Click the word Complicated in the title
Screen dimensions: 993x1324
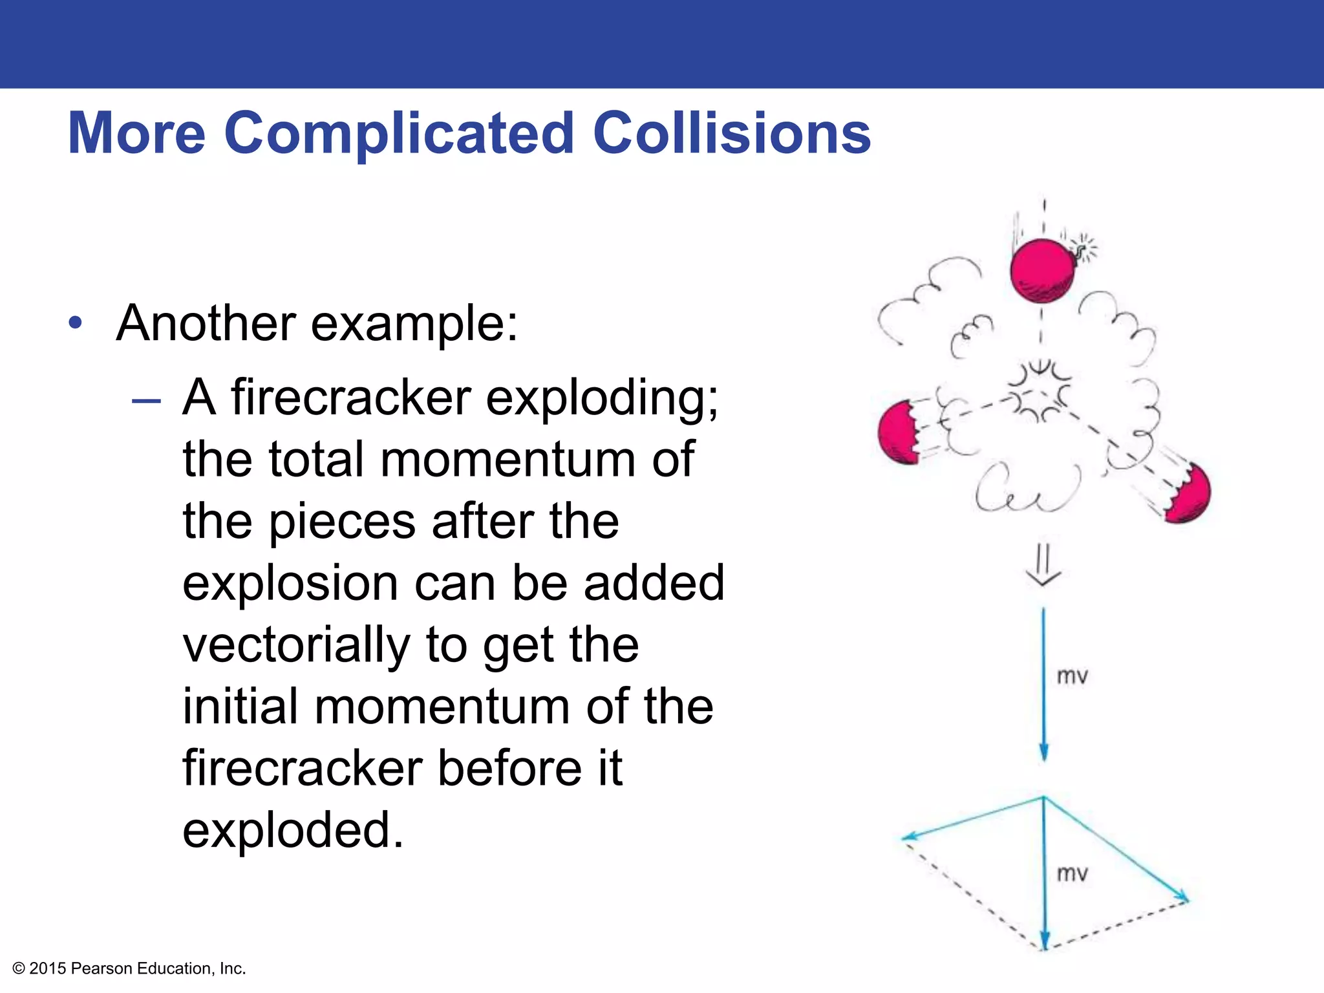click(x=399, y=134)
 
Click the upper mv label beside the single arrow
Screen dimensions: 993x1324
click(x=1072, y=677)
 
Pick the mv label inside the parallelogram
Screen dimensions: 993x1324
click(x=1072, y=874)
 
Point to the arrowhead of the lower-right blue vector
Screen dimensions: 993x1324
click(x=1182, y=897)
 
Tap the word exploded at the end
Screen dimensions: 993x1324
click(x=293, y=830)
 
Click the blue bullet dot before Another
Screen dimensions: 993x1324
click(x=76, y=323)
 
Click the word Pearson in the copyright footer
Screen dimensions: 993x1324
click(x=102, y=968)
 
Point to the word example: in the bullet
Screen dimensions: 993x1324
click(x=414, y=323)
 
